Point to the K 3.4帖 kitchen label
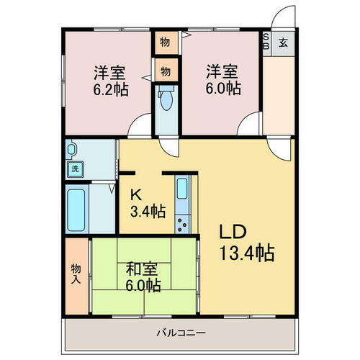pos(147,202)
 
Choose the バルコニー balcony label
pos(181,333)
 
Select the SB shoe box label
pos(266,41)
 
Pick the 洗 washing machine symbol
pos(74,170)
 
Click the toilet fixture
pos(167,101)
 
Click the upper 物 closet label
pos(165,42)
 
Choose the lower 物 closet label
pos(165,71)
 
